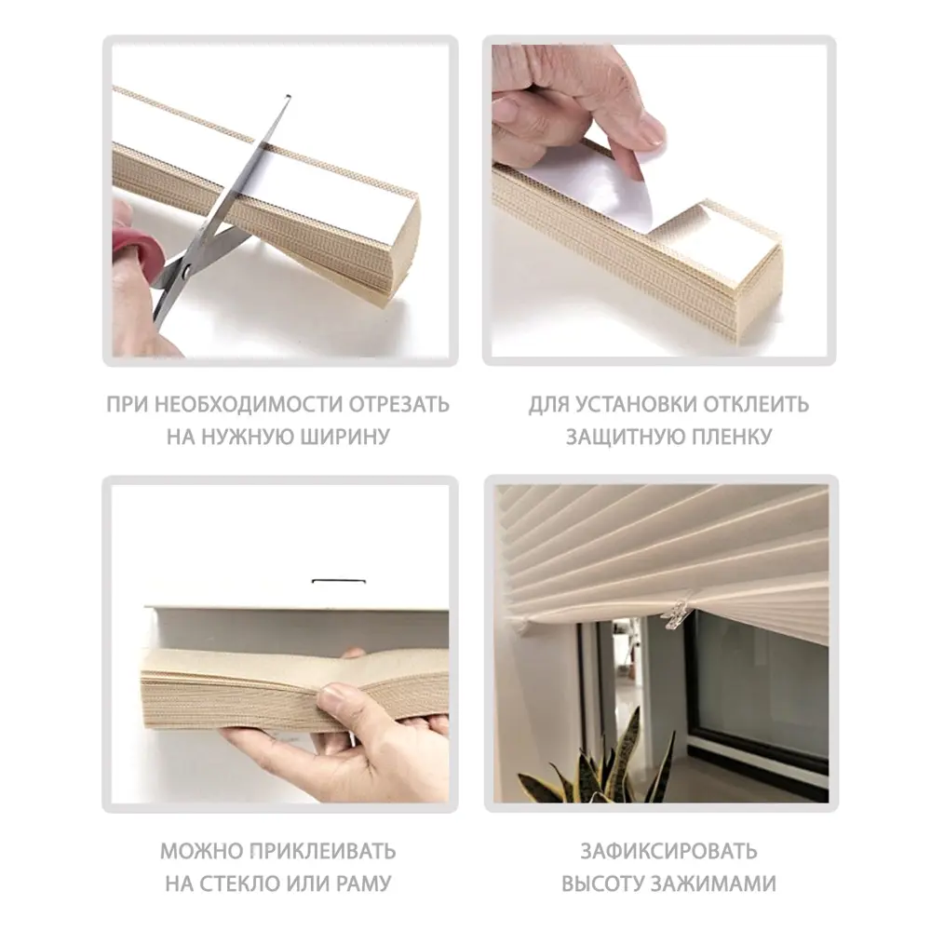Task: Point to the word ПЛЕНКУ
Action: (725, 437)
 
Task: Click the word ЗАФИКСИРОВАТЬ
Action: (668, 851)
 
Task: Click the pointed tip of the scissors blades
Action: (287, 97)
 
